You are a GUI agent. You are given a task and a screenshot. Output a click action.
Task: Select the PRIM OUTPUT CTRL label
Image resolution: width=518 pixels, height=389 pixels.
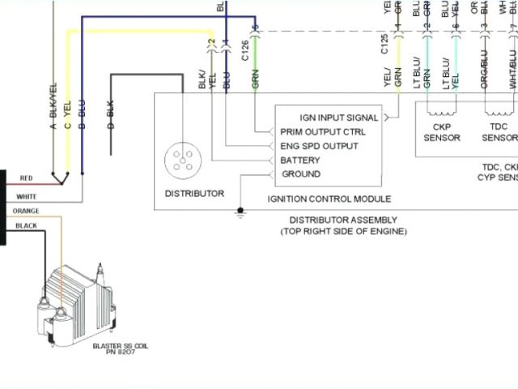coord(322,131)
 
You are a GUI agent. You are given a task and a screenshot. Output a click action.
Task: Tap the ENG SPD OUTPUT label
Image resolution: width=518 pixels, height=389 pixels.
coord(319,146)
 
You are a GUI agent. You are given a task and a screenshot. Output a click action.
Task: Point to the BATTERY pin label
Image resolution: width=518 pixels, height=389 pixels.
coord(300,160)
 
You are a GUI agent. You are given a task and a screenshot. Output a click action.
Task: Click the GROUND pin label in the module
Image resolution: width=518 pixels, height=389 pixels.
coord(300,174)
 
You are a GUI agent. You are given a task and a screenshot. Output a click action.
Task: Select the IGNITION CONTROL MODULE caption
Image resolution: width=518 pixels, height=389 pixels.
coord(329,199)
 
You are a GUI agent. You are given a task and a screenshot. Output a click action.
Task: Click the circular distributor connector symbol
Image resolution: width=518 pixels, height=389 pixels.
coord(181,161)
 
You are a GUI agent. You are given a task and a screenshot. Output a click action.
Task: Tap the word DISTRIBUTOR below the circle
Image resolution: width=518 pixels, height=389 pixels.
coord(194,194)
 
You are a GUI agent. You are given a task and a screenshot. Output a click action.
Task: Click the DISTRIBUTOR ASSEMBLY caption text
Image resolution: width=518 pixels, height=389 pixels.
coord(343,220)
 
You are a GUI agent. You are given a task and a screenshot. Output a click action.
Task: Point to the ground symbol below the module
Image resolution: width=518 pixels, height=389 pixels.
coord(240,213)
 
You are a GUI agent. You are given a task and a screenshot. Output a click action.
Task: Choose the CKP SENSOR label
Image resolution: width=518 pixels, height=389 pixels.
coord(442,132)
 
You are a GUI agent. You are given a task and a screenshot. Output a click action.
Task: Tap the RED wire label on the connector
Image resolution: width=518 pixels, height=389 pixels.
coord(26,178)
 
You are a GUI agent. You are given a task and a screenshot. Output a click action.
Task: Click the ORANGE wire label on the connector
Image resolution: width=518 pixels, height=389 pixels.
coord(26,211)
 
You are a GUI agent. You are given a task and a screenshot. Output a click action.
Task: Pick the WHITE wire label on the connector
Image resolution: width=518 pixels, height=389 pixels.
coord(26,196)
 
